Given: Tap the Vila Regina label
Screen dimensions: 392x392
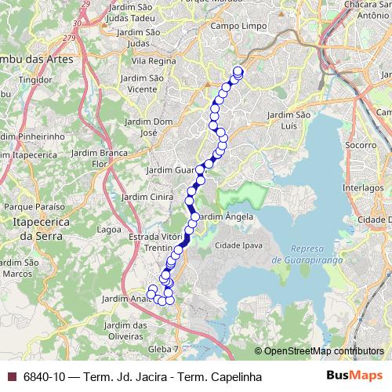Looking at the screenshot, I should tap(151, 60).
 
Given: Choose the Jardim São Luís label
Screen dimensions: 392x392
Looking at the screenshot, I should tap(290, 120).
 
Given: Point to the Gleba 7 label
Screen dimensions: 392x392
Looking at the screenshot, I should tap(164, 347).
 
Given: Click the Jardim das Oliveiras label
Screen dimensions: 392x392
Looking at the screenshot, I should tap(129, 330).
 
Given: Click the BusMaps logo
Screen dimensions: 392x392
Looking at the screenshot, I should tap(354, 376).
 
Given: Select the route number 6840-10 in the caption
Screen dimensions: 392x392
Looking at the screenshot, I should tap(45, 376).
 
